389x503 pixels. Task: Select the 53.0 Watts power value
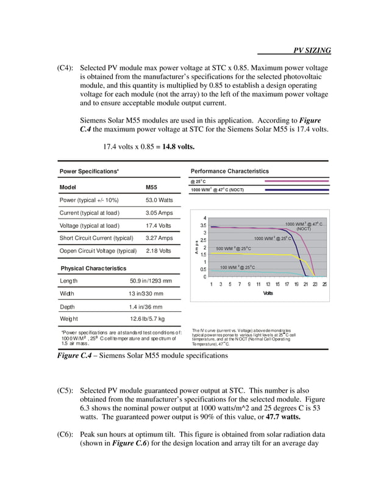[x=159, y=200]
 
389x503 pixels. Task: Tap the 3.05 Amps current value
[x=159, y=213]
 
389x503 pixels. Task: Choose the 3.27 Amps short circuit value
[x=159, y=238]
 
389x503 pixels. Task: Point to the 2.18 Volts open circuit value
[x=159, y=251]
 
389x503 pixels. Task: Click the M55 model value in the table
[x=152, y=187]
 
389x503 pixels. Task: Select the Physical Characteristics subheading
[x=93, y=268]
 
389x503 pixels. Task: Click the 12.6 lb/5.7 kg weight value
[x=147, y=318]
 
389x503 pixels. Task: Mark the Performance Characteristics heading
[x=229, y=171]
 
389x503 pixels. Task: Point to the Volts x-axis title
[x=268, y=293]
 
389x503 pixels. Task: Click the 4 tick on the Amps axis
[x=204, y=218]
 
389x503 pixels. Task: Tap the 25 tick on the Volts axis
[x=324, y=284]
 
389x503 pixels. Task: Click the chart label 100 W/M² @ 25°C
[x=237, y=267]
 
